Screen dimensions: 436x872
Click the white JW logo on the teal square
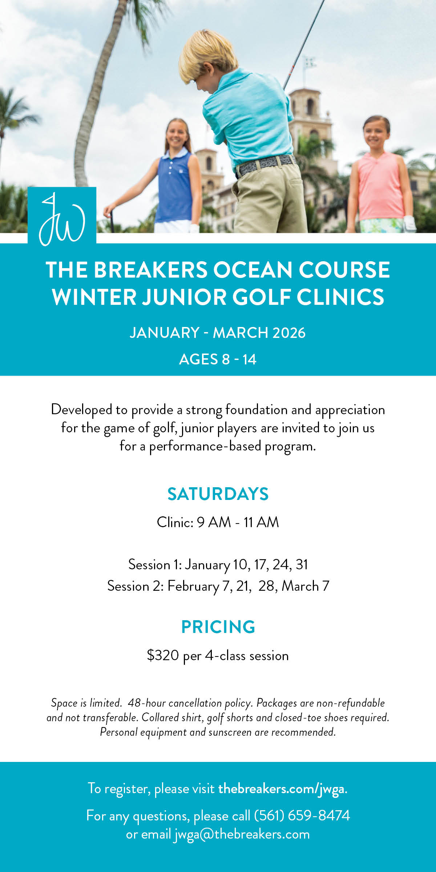pyautogui.click(x=62, y=220)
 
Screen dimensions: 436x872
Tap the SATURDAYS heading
pyautogui.click(x=218, y=494)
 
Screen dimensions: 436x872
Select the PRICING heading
pyautogui.click(x=218, y=627)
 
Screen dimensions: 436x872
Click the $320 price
pyautogui.click(x=163, y=655)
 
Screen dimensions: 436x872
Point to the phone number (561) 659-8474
pyautogui.click(x=302, y=815)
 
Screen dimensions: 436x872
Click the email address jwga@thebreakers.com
pyautogui.click(x=242, y=834)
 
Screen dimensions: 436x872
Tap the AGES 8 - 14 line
pyautogui.click(x=218, y=359)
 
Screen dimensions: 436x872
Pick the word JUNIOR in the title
pyautogui.click(x=183, y=297)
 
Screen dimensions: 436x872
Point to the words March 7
pyautogui.click(x=306, y=586)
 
